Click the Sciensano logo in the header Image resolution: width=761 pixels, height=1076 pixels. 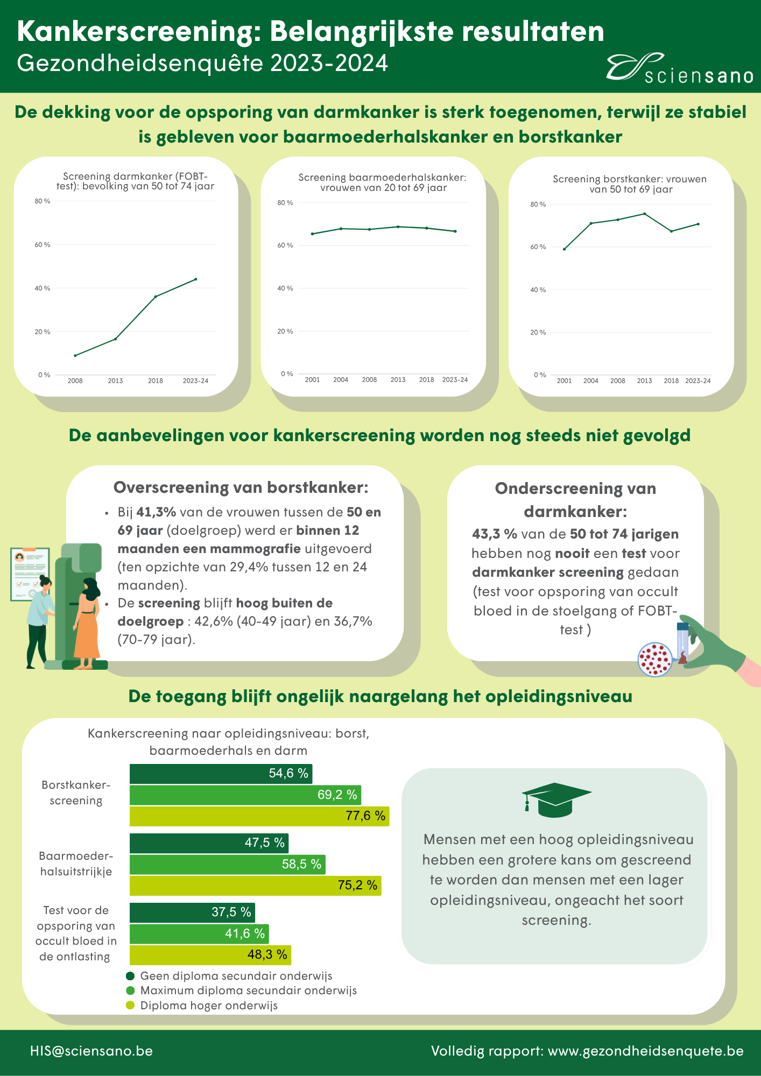(679, 69)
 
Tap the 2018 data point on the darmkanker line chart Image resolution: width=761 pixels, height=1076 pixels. (156, 296)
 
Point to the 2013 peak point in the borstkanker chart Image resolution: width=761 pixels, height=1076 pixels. (644, 214)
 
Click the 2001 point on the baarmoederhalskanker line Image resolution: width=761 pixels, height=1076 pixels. (312, 233)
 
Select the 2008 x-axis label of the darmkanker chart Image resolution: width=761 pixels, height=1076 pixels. (75, 381)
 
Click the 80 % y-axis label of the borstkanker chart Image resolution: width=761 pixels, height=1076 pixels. (538, 204)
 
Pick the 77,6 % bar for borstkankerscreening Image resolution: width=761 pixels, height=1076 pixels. (259, 816)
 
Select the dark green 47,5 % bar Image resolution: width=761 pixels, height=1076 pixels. (209, 843)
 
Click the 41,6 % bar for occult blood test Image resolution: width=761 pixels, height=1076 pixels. (199, 933)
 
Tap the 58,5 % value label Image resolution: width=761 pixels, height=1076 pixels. (301, 864)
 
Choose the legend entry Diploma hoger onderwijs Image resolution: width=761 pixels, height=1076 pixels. (209, 1006)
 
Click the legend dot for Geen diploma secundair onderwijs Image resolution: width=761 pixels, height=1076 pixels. (130, 976)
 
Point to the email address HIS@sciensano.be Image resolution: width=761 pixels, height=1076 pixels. (91, 1051)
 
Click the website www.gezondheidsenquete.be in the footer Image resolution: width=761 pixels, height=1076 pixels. (646, 1051)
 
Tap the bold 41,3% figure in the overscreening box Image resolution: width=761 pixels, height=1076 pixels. (156, 512)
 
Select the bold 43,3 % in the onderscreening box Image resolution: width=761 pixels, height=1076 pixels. (494, 534)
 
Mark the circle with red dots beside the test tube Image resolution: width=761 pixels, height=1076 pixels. (654, 659)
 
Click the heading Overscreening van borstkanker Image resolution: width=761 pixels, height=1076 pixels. (241, 487)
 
